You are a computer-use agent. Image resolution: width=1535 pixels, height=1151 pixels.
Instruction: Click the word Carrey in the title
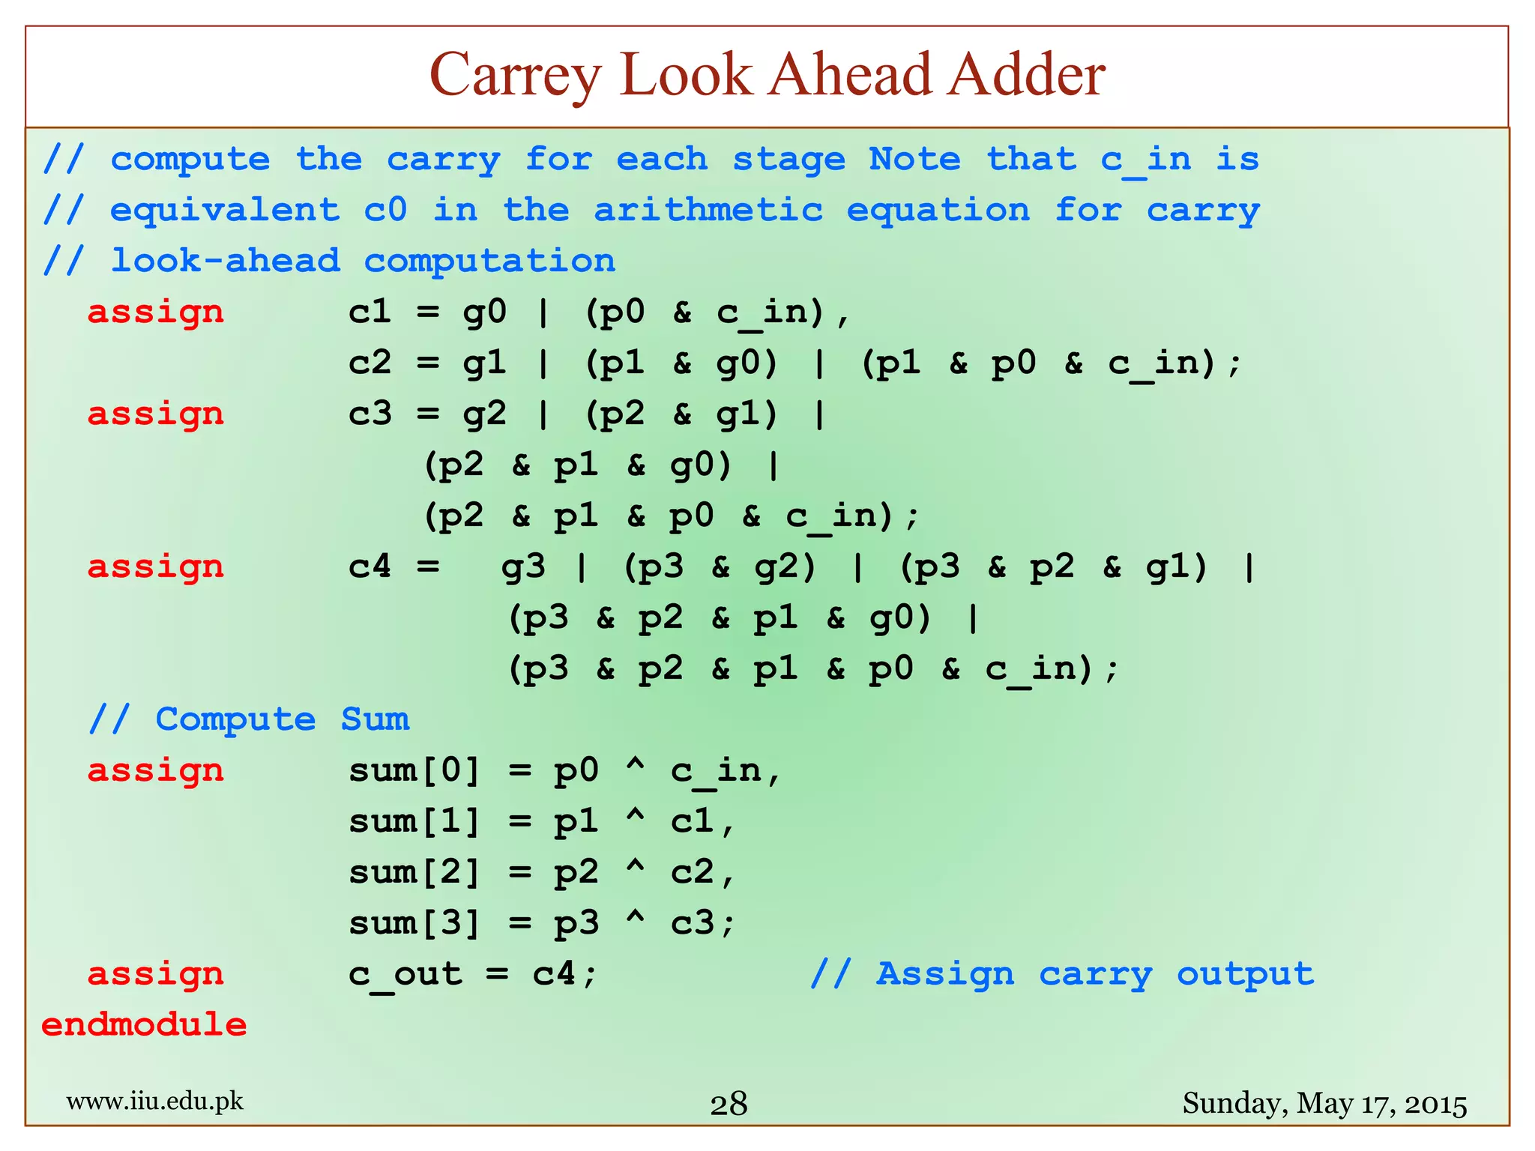pos(515,76)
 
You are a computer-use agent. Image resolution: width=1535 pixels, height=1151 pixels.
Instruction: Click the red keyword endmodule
pos(144,1024)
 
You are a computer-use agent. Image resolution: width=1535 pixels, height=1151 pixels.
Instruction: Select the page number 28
pos(729,1104)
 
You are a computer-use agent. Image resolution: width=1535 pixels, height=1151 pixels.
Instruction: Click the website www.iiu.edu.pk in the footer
pos(155,1101)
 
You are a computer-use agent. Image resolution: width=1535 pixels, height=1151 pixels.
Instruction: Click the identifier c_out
pos(405,974)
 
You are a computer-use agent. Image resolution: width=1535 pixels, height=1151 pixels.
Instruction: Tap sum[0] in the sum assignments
pos(414,770)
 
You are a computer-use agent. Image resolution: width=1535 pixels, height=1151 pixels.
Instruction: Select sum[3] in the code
pos(414,923)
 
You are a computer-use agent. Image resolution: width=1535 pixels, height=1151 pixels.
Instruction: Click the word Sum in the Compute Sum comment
pos(375,719)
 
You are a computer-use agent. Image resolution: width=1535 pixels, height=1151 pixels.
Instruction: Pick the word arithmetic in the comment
pos(708,210)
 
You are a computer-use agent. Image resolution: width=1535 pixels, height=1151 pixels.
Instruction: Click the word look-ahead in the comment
pos(226,261)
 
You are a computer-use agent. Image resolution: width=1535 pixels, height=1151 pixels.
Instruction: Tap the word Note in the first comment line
pos(914,159)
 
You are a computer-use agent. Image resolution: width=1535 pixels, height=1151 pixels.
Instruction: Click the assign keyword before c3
pos(156,414)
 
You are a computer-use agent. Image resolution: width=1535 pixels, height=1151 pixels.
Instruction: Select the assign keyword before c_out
pos(156,974)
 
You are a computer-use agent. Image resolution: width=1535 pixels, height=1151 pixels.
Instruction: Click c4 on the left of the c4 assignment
pos(370,567)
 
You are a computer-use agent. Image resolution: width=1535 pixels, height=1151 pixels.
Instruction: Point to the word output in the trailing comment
pos(1245,974)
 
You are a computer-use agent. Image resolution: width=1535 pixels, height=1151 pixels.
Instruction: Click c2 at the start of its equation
pos(370,363)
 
